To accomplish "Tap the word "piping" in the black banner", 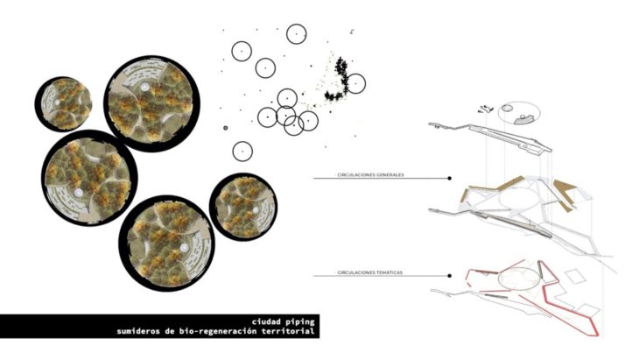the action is click(x=301, y=322).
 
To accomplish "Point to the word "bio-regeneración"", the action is click(x=214, y=331).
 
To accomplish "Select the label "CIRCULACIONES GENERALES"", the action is click(x=370, y=175).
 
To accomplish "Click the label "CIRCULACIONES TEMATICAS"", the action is click(x=369, y=272).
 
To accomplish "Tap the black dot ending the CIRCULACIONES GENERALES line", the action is click(x=450, y=178).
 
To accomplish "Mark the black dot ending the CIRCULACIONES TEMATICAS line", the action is click(x=450, y=276).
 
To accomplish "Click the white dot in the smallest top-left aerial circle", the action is click(x=58, y=102).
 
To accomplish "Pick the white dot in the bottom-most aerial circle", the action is click(x=184, y=248).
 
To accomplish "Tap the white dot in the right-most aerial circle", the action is click(x=255, y=209).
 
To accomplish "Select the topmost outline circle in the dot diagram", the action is click(x=296, y=34).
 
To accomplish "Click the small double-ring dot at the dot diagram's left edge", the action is click(x=225, y=128).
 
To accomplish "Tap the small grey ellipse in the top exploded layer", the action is click(x=507, y=108).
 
